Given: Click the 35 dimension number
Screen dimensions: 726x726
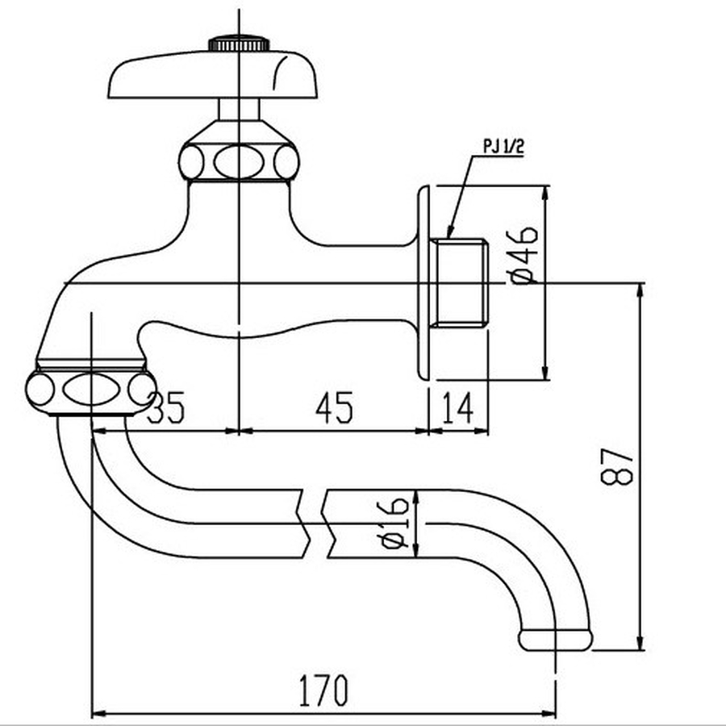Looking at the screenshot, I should point(167,409).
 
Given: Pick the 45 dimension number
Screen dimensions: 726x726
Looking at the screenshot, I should point(334,409).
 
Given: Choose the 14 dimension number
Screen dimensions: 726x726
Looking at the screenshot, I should point(457,409).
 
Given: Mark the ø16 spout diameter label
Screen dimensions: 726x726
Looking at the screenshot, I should point(394,523).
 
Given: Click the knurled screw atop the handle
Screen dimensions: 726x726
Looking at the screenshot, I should point(240,44).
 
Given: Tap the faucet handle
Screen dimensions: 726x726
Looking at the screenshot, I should point(215,75).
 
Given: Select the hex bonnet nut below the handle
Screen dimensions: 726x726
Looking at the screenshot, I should point(240,161).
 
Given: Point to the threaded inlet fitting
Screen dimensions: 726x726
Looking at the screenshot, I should point(461,282).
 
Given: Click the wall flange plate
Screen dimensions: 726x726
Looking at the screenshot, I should point(424,282).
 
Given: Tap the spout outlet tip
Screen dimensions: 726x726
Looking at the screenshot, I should point(555,640).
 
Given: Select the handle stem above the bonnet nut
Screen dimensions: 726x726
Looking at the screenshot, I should point(240,109).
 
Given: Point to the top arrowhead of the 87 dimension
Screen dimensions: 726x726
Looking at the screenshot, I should point(640,288).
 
